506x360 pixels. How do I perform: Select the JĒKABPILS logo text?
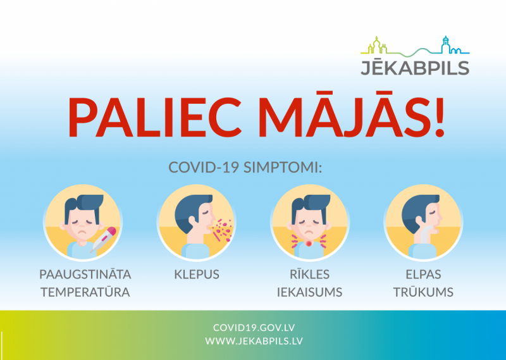point(414,68)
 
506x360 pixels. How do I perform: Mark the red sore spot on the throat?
point(309,244)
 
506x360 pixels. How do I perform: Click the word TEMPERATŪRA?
point(85,292)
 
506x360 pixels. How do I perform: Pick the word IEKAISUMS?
point(309,292)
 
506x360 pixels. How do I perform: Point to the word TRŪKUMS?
point(422,292)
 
